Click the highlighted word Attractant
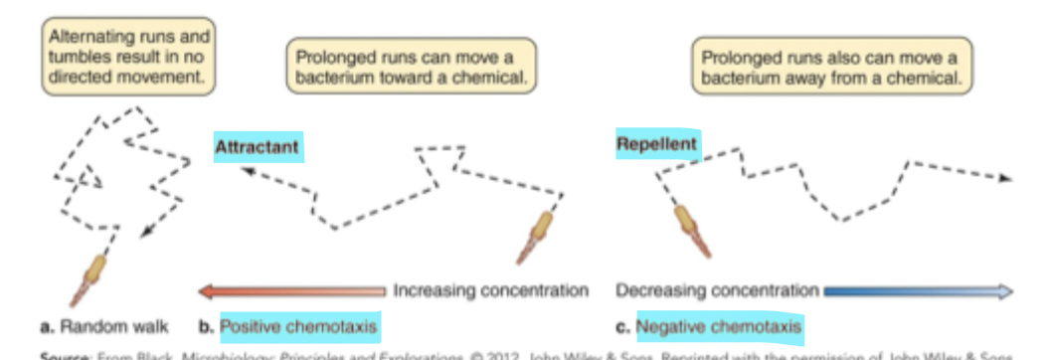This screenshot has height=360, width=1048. pos(257,146)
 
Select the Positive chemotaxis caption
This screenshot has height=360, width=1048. pos(299,325)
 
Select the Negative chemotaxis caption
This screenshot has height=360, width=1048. pos(719,325)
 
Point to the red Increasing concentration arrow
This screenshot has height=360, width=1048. pos(292,291)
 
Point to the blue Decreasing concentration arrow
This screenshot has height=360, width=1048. pos(917,291)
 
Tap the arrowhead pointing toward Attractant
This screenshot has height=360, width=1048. pos(245,170)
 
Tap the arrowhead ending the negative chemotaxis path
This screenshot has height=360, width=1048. pos(1005,179)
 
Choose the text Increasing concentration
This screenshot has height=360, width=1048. pos(490,291)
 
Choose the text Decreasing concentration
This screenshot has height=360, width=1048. pos(718,291)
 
